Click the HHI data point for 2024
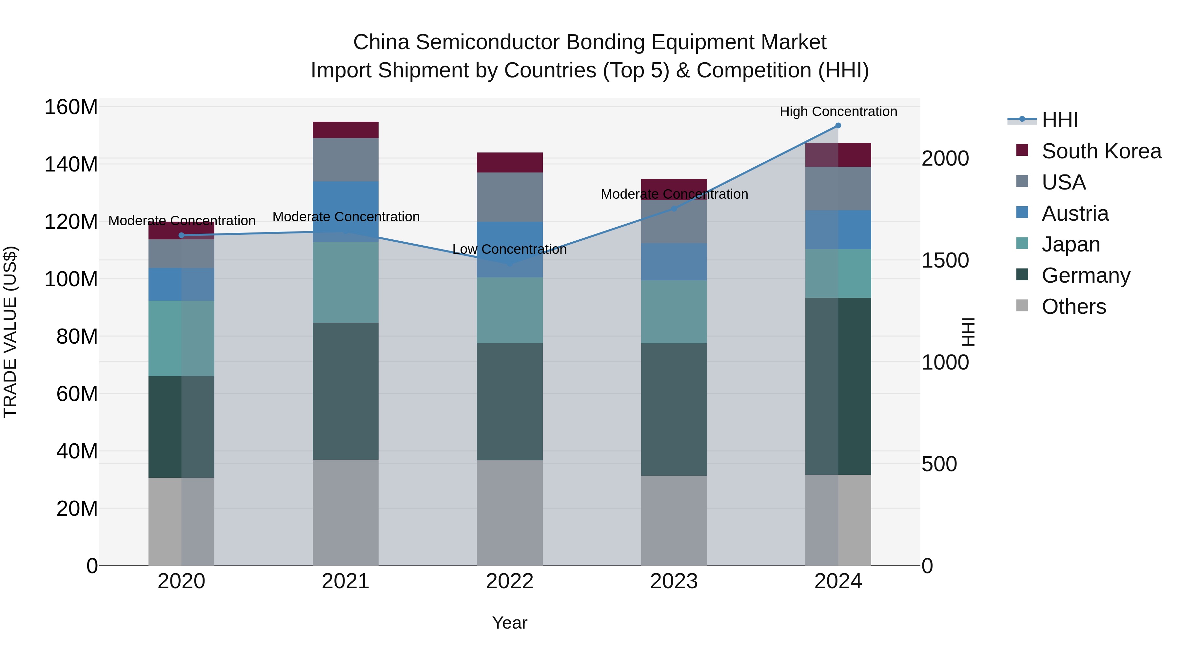point(838,126)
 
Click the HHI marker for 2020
point(181,235)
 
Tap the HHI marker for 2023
point(674,209)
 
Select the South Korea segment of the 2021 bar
point(345,130)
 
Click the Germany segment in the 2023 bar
point(674,409)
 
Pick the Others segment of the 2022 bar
point(509,513)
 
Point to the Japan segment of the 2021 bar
point(345,282)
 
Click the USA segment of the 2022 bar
point(509,197)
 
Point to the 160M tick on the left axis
point(71,107)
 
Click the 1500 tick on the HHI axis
point(945,260)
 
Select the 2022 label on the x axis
point(509,581)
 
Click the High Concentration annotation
point(838,111)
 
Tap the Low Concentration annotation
point(509,249)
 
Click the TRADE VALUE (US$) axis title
point(10,332)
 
